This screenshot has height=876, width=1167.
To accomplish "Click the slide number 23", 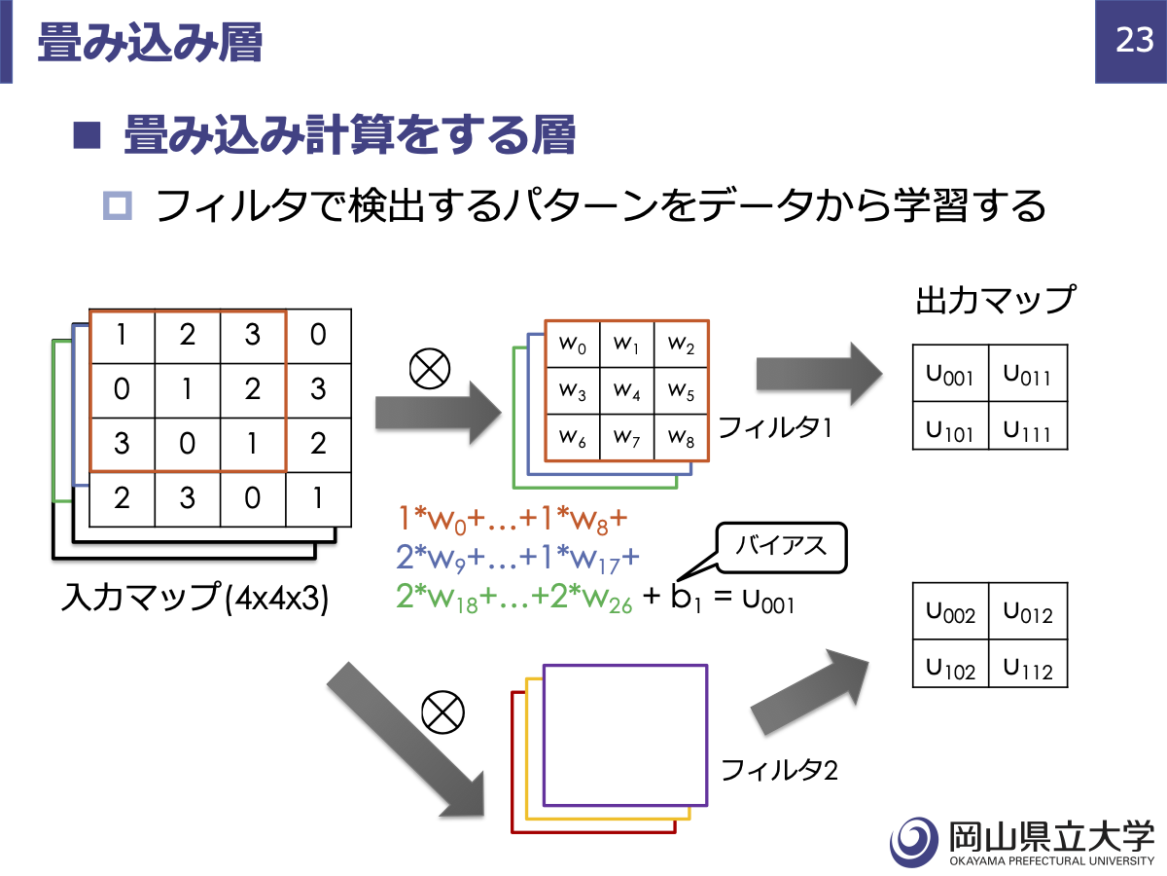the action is pyautogui.click(x=1135, y=40).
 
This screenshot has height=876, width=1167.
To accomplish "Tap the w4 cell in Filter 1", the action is pyautogui.click(x=627, y=391).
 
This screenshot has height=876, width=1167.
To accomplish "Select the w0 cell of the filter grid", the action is pyautogui.click(x=573, y=345).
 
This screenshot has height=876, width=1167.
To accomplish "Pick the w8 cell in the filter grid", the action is pyautogui.click(x=681, y=437).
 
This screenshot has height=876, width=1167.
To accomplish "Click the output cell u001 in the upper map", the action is pyautogui.click(x=950, y=374).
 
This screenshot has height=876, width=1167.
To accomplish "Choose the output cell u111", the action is pyautogui.click(x=1028, y=425).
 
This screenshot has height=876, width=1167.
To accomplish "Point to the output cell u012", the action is pyautogui.click(x=1028, y=611).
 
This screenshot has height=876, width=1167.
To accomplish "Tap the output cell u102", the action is pyautogui.click(x=950, y=663).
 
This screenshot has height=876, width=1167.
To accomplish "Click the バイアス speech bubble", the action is pyautogui.click(x=781, y=547).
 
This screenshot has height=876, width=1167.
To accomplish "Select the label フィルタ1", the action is pyautogui.click(x=775, y=427).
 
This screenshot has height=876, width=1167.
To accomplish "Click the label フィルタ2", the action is pyautogui.click(x=779, y=770).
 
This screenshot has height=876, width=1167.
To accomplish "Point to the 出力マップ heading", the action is pyautogui.click(x=995, y=300).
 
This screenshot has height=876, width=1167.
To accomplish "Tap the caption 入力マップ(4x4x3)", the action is pyautogui.click(x=195, y=598).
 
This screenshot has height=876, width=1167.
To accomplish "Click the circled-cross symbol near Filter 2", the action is pyautogui.click(x=442, y=712).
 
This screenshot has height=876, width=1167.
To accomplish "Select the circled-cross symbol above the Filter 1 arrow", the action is pyautogui.click(x=430, y=369).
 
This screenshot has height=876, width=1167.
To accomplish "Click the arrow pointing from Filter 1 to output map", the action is pyautogui.click(x=819, y=374).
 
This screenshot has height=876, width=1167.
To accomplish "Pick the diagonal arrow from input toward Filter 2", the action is pyautogui.click(x=407, y=741).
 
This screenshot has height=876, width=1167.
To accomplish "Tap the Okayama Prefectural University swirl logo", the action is pyautogui.click(x=914, y=842).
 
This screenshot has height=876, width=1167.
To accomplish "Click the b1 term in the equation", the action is pyautogui.click(x=687, y=598).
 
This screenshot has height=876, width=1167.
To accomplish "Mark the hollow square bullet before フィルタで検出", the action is pyautogui.click(x=118, y=205).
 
